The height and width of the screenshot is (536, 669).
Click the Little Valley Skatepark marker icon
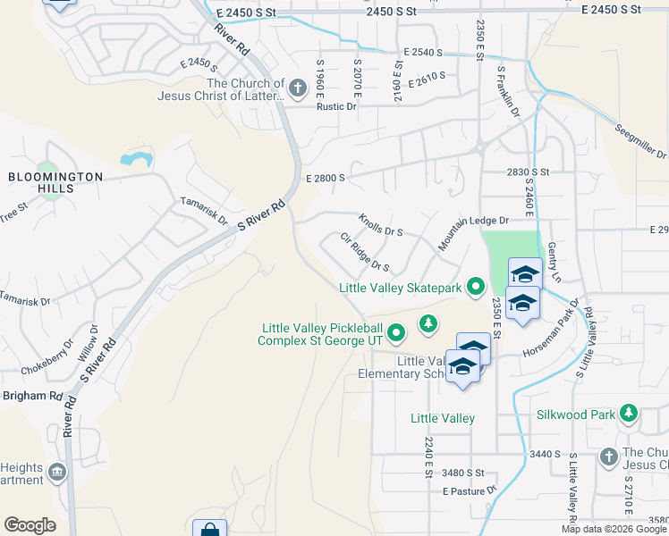[475, 287]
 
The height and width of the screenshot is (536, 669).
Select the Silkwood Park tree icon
[630, 413]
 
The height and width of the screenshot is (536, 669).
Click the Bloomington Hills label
[55, 183]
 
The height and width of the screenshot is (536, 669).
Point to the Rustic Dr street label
[336, 106]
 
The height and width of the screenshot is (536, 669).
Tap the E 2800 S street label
[325, 178]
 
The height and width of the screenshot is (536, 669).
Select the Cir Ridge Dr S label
[365, 253]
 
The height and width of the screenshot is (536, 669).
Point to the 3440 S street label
[544, 454]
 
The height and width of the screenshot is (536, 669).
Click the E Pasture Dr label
[469, 491]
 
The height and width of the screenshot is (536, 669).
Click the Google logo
[30, 525]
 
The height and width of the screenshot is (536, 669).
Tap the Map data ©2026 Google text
[614, 529]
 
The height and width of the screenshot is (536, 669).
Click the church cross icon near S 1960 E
[298, 87]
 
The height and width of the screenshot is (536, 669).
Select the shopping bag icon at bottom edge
[209, 530]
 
